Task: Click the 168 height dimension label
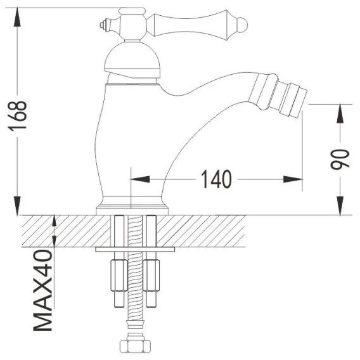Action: coord(18,116)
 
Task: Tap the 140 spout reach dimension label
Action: coord(216,179)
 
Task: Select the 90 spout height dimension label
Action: coord(340,159)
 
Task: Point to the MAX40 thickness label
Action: coord(43,290)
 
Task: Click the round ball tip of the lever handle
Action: coord(243,24)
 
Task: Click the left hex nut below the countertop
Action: coord(119,276)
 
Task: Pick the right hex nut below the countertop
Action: coord(151,276)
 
